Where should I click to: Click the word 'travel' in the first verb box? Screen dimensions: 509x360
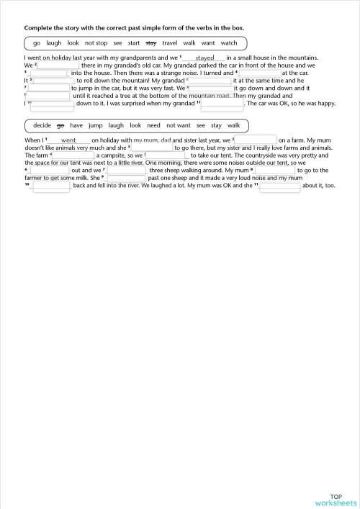click(170, 43)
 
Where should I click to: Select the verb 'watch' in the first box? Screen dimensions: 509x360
click(229, 43)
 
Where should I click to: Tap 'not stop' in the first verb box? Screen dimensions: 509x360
click(96, 43)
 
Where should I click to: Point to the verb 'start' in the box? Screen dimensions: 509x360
click(134, 43)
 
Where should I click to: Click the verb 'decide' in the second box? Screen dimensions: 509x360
click(42, 125)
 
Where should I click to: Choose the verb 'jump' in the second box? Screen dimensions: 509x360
click(96, 125)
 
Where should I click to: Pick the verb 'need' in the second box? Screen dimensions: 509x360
click(153, 125)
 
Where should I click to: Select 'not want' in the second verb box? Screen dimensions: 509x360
click(179, 125)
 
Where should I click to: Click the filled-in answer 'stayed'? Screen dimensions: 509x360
click(204, 57)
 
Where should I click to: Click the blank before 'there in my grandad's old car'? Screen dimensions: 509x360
click(58, 65)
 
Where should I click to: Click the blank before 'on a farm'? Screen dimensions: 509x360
click(256, 140)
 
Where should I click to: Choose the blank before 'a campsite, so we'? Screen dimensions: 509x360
click(74, 155)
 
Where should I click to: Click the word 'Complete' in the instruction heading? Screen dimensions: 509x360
click(40, 27)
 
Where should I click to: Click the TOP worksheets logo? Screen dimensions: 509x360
click(336, 500)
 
